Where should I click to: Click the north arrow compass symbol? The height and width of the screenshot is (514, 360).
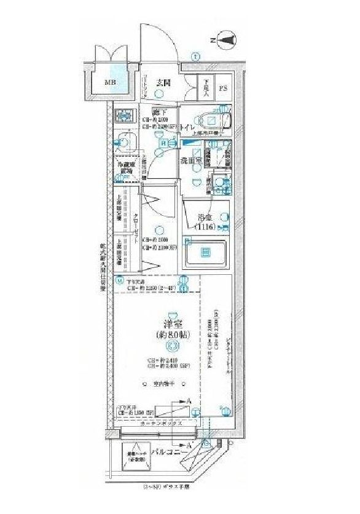[228, 41]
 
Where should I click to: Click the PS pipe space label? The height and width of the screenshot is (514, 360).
[224, 87]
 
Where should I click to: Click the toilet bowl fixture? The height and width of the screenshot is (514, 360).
[213, 119]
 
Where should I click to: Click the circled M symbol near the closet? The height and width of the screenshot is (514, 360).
[120, 281]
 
